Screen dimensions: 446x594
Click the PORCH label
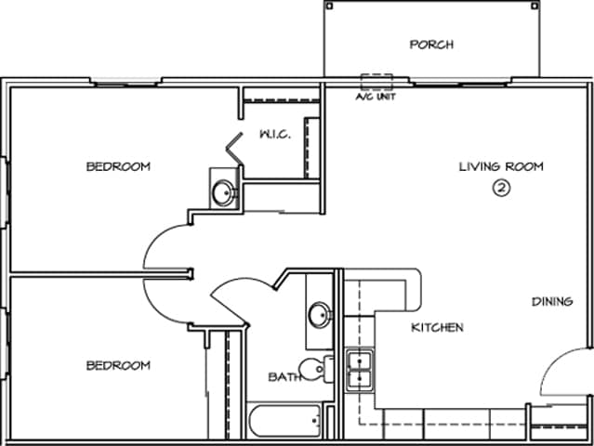[431, 45]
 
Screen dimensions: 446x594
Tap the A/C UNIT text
[376, 96]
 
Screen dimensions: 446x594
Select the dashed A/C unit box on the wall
[376, 81]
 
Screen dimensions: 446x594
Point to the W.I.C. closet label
[274, 134]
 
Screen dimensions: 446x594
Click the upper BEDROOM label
[118, 166]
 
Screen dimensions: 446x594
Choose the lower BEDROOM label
[118, 365]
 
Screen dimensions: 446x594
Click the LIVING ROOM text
[500, 166]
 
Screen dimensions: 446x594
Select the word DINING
[551, 302]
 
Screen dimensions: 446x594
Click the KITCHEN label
[437, 327]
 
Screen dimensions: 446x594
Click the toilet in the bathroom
[317, 370]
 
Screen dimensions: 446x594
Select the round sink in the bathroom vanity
[319, 314]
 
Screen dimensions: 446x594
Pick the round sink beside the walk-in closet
[223, 192]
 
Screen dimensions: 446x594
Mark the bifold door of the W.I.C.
[232, 152]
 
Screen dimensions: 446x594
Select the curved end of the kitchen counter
[411, 290]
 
